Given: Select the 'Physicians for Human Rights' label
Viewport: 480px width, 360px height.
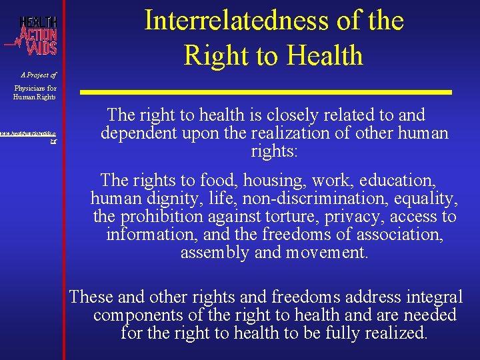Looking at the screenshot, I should tap(35, 92).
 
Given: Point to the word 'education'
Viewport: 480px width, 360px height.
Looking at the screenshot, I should tap(406, 180).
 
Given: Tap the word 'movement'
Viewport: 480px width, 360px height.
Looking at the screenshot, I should tap(326, 253).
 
